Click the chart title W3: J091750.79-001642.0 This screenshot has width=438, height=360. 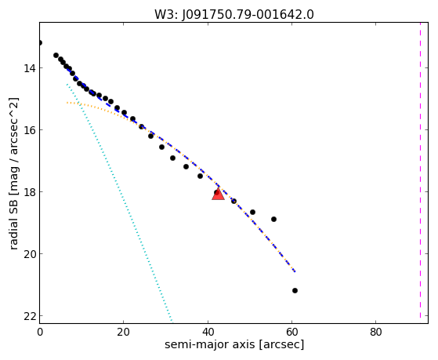pyautogui.click(x=234, y=15)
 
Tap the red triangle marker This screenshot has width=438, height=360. pyautogui.click(x=218, y=195)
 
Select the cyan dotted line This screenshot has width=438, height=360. pyautogui.click(x=120, y=202)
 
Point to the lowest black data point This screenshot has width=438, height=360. pyautogui.click(x=295, y=291)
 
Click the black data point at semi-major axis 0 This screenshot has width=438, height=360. pyautogui.click(x=40, y=43)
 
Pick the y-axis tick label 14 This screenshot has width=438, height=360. pyautogui.click(x=30, y=68)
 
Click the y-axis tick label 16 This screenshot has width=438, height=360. pyautogui.click(x=30, y=130)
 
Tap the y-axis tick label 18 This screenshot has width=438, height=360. pyautogui.click(x=30, y=192)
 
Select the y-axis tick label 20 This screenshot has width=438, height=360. pyautogui.click(x=30, y=254)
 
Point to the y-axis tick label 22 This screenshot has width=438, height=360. pyautogui.click(x=30, y=316)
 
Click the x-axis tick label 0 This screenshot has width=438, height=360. pyautogui.click(x=40, y=332)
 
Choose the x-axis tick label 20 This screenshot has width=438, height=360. pyautogui.click(x=124, y=332)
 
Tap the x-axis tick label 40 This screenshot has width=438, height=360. pyautogui.click(x=208, y=332)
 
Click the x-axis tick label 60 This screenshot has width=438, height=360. pyautogui.click(x=292, y=332)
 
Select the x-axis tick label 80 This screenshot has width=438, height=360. pyautogui.click(x=376, y=332)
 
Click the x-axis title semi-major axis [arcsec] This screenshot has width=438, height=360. pyautogui.click(x=234, y=344)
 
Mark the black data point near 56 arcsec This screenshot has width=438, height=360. pyautogui.click(x=273, y=219)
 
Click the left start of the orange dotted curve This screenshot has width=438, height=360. pyautogui.click(x=67, y=103)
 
